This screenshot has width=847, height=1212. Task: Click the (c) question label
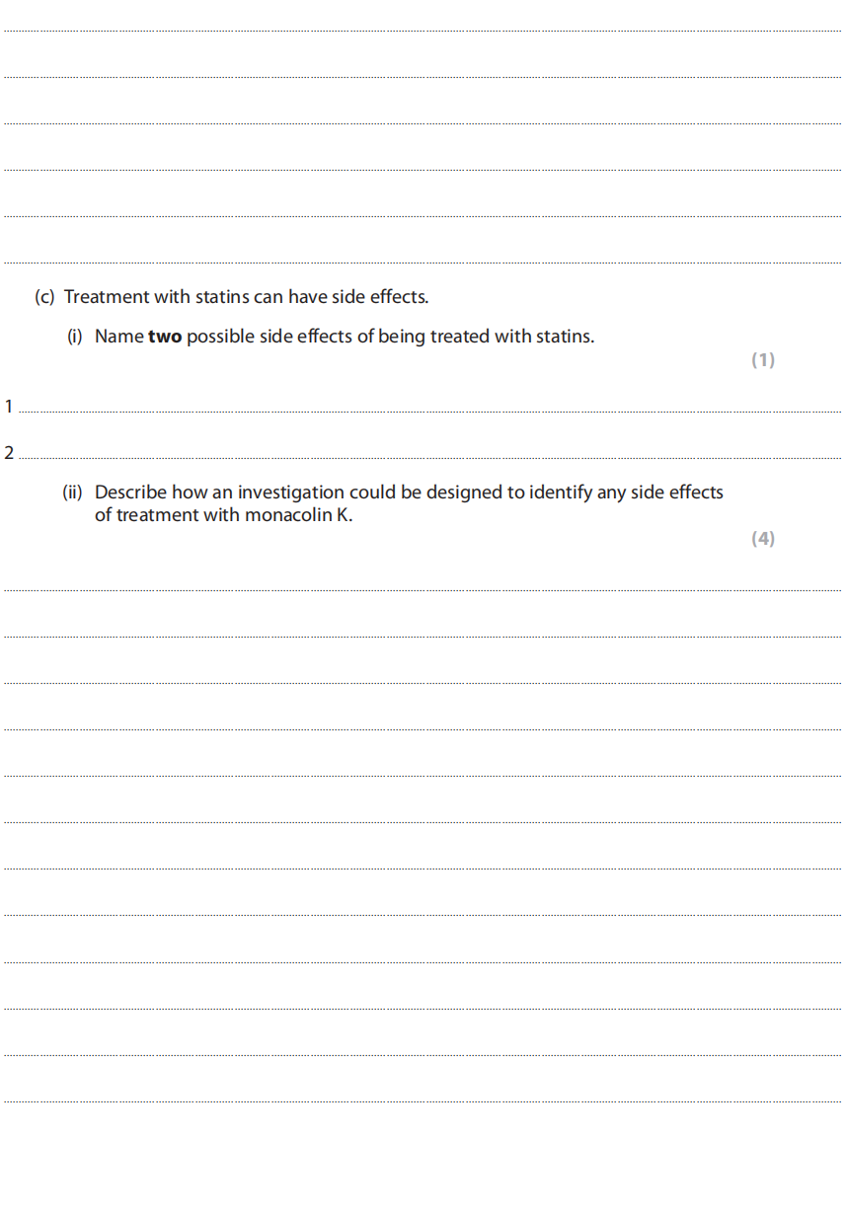pos(44,297)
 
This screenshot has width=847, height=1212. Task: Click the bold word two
pos(165,337)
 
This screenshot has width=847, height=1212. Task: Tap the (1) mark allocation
pos(763,360)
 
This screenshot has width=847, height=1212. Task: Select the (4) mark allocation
pos(763,539)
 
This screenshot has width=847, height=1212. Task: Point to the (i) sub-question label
pos(75,337)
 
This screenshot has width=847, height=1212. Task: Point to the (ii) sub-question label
pos(73,492)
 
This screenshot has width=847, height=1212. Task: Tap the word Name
pos(118,337)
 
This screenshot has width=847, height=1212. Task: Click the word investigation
pos(290,492)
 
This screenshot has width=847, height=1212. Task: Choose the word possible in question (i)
pos(220,337)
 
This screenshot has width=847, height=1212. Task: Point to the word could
pos(373,492)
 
